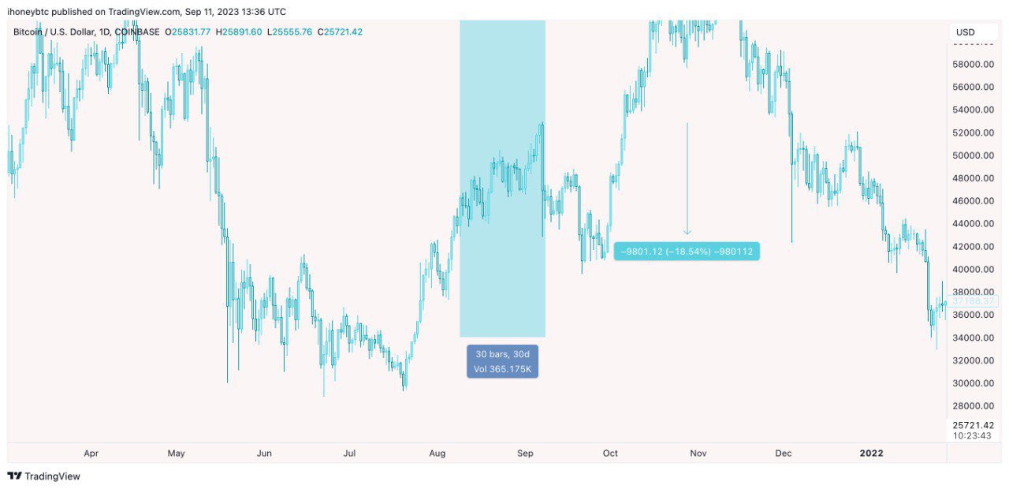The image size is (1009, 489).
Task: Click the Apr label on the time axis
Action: click(x=91, y=454)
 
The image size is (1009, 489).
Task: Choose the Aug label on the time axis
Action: click(x=437, y=454)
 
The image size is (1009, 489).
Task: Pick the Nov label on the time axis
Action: click(x=698, y=454)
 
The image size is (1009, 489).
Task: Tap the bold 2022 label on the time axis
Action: click(x=871, y=454)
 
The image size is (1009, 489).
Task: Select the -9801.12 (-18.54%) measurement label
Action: click(x=687, y=252)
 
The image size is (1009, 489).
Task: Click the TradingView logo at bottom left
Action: click(x=44, y=476)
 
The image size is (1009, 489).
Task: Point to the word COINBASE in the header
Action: click(x=139, y=32)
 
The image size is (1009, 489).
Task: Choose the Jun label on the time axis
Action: click(x=264, y=454)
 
